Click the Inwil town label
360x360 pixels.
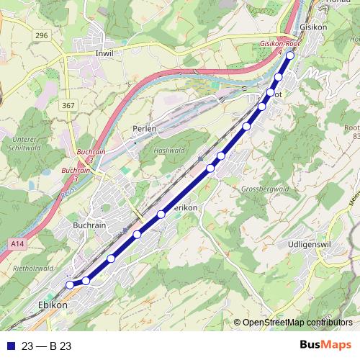pyautogui.click(x=105, y=53)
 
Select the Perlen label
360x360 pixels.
pyautogui.click(x=144, y=128)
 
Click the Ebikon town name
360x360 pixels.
pyautogui.click(x=52, y=305)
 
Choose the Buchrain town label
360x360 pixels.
pyautogui.click(x=89, y=225)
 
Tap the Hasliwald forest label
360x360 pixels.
pyautogui.click(x=170, y=150)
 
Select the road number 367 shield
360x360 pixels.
pyautogui.click(x=68, y=106)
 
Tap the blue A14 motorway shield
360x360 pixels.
pyautogui.click(x=17, y=246)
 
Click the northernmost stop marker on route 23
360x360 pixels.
pyautogui.click(x=291, y=55)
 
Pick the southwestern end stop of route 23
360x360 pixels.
pyautogui.click(x=70, y=285)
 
